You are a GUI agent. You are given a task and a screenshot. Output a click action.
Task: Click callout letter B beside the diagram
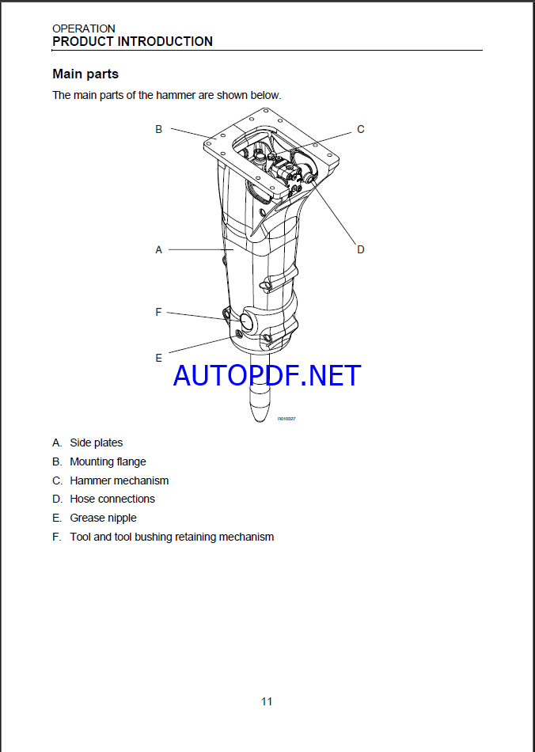pos(158,129)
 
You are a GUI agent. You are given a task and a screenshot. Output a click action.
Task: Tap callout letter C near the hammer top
pos(360,129)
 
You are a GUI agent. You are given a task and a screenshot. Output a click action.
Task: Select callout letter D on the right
pos(360,249)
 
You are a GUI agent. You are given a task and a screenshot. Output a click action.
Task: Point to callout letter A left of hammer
pos(158,249)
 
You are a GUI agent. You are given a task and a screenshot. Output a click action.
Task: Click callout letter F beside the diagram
pos(158,313)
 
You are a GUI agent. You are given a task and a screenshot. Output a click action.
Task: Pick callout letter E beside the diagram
pos(158,358)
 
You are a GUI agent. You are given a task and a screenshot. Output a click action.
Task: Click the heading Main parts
pos(85,74)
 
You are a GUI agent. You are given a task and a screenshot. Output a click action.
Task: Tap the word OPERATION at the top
pos(83,28)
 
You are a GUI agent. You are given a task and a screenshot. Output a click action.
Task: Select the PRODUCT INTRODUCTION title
pos(132,41)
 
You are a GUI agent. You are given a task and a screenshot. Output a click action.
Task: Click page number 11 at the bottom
pos(267,701)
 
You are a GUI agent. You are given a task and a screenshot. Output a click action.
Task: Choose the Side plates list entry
pos(96,442)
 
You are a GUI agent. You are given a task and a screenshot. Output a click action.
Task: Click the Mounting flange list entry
pos(108,461)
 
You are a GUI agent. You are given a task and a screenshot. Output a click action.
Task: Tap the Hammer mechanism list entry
pos(119,480)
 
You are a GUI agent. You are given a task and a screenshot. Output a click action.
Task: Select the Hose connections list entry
pos(112,499)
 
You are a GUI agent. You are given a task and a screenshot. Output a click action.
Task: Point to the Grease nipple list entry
pos(103,518)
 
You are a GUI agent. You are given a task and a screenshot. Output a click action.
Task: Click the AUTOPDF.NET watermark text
pos(267,375)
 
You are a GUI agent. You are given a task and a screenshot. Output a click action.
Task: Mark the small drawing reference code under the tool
pos(286,419)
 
